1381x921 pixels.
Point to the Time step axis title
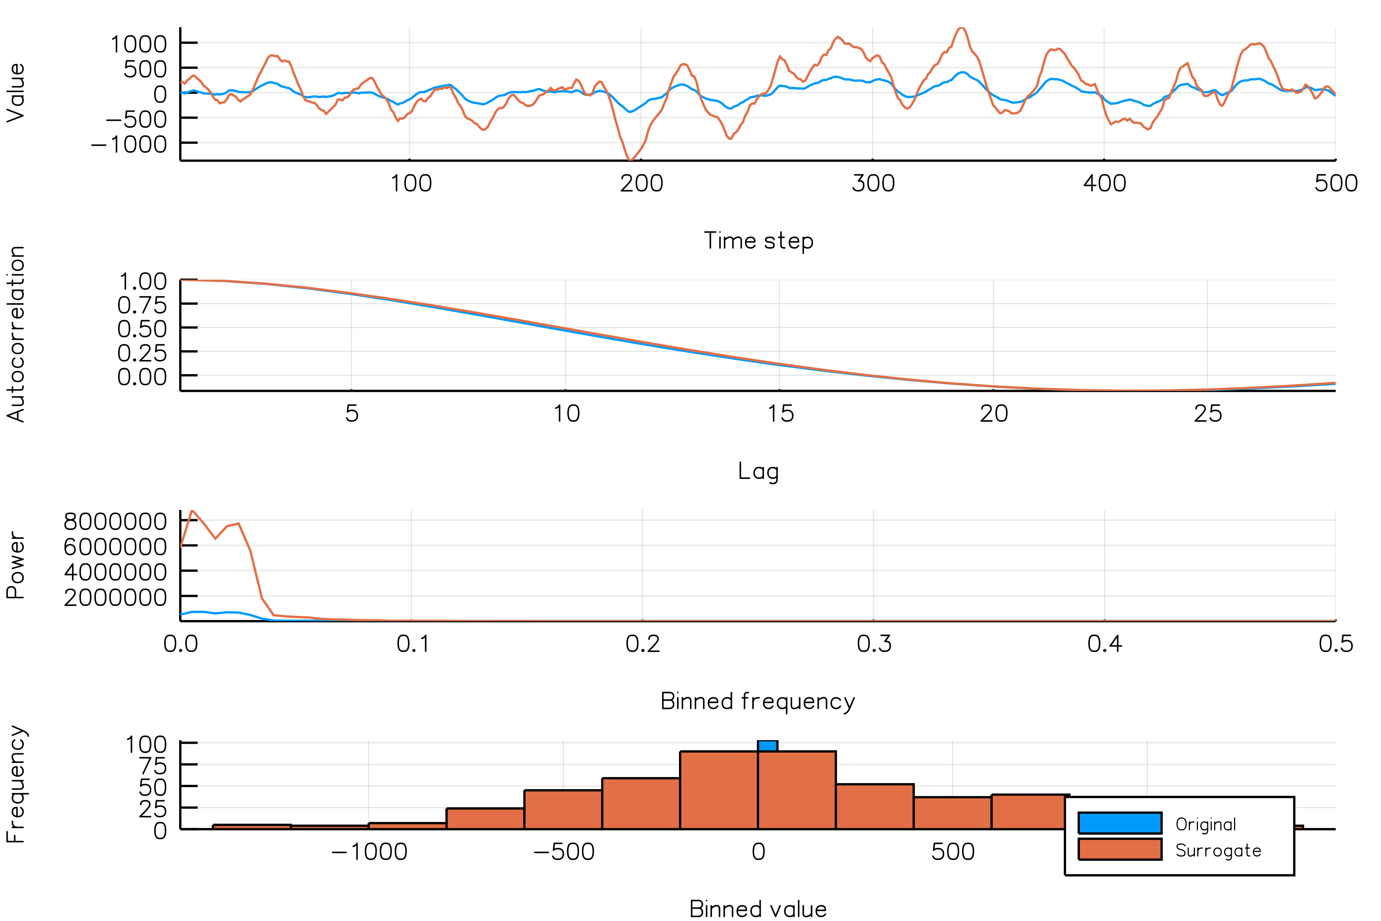click(758, 241)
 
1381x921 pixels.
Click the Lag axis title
click(758, 472)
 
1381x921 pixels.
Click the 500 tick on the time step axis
click(1335, 183)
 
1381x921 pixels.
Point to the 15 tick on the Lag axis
click(780, 414)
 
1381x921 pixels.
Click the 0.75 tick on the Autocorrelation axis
click(142, 305)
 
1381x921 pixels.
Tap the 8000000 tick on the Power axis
click(115, 522)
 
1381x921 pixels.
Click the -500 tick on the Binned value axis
click(563, 852)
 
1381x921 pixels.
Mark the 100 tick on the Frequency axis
click(146, 744)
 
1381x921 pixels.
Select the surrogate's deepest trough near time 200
click(630, 159)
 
